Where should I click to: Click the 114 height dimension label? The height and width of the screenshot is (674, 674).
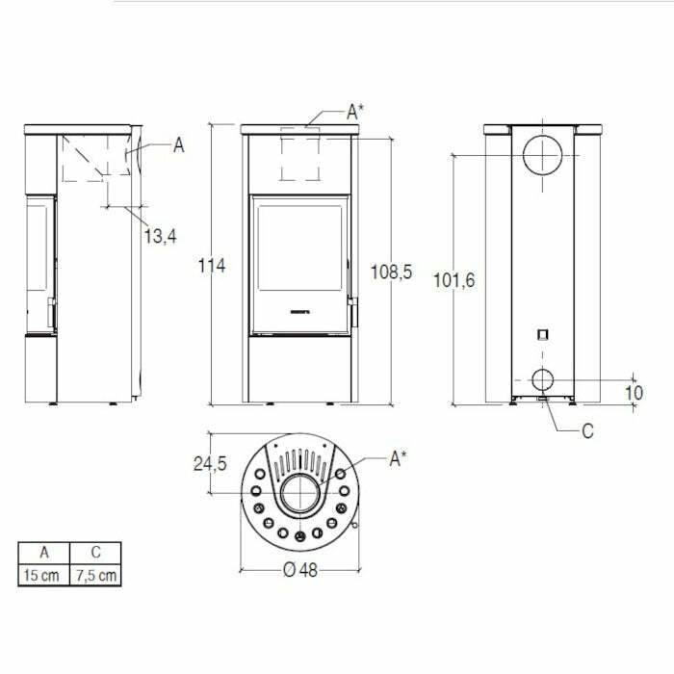pyautogui.click(x=212, y=266)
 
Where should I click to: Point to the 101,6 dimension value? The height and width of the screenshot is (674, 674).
pyautogui.click(x=454, y=280)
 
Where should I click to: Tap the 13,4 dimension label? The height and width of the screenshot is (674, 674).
pyautogui.click(x=160, y=234)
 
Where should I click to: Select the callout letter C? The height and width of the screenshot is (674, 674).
pyautogui.click(x=587, y=431)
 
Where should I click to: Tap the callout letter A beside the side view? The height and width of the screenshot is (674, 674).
pyautogui.click(x=178, y=145)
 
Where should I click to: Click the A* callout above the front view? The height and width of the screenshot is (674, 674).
pyautogui.click(x=355, y=113)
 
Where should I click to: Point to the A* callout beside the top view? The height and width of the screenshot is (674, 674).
pyautogui.click(x=399, y=459)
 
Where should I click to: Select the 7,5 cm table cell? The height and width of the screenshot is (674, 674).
pyautogui.click(x=96, y=576)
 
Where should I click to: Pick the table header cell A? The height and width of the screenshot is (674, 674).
pyautogui.click(x=44, y=553)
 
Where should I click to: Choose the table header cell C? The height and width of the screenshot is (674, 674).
pyautogui.click(x=96, y=553)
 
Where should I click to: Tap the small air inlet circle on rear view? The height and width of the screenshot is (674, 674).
pyautogui.click(x=543, y=377)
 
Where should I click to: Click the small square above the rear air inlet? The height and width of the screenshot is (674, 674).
pyautogui.click(x=543, y=335)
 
